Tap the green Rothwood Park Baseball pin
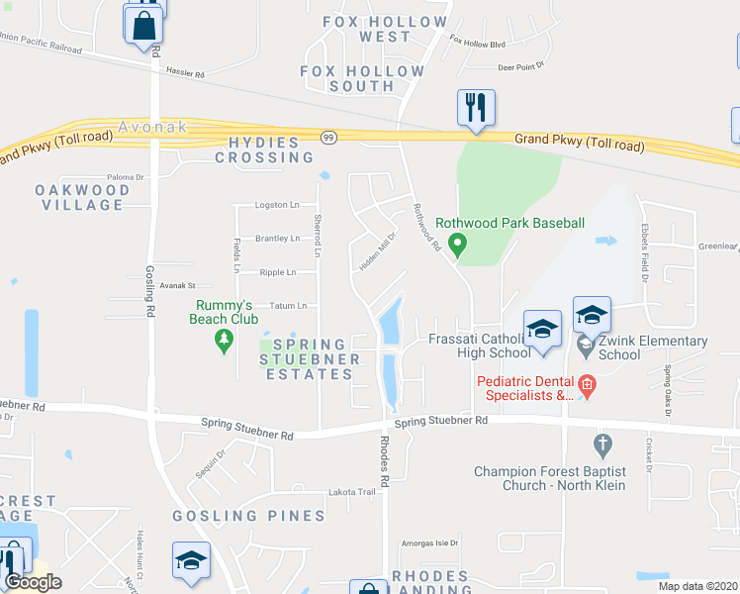point(457,242)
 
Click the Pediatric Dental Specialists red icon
point(585,384)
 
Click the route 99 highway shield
point(328,138)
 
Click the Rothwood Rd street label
point(426,227)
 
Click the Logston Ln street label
point(277,205)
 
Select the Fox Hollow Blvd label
point(477,44)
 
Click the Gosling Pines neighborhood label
point(248,516)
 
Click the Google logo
point(32,582)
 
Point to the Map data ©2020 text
point(698,586)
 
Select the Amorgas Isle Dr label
point(430,544)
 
